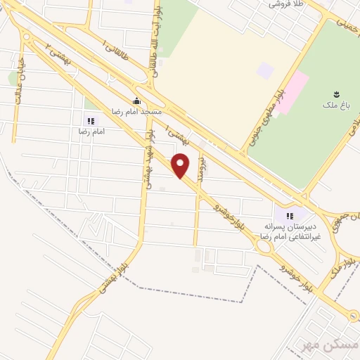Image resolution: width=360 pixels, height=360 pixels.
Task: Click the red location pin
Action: [181, 166]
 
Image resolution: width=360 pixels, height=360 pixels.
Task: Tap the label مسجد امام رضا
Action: [136, 112]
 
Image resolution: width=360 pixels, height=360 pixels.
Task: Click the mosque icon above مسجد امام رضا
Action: [136, 101]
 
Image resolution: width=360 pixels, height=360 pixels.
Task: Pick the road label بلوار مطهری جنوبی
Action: [262, 116]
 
